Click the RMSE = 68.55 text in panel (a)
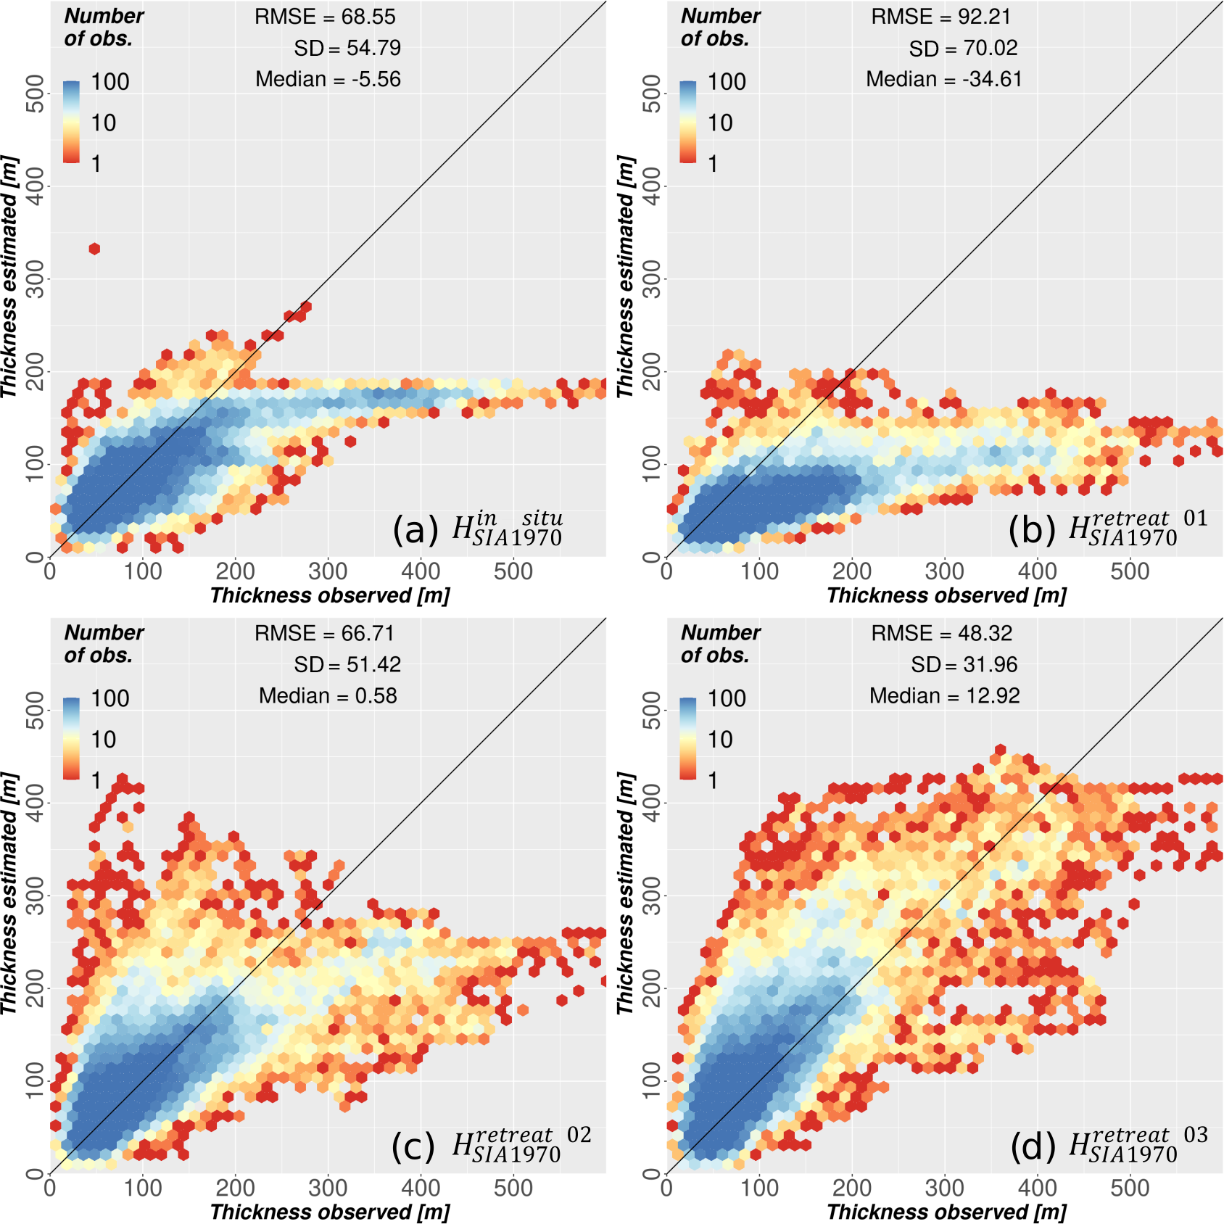(325, 17)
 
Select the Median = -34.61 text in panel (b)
(944, 79)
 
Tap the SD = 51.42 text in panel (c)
(347, 664)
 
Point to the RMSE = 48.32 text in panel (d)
(941, 633)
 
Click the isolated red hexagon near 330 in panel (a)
(94, 249)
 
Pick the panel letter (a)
(415, 530)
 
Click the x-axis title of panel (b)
(946, 595)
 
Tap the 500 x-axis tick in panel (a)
(513, 571)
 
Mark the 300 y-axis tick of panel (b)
(652, 278)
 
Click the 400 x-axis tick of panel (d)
(1037, 1188)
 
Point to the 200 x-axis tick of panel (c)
(235, 1188)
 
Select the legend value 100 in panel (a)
(110, 82)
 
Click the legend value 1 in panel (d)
(713, 780)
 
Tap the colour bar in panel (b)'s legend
(688, 121)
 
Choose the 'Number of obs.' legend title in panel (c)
(104, 643)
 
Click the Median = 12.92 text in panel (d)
(944, 695)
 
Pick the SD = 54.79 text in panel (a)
(347, 48)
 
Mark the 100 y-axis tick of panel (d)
(652, 1080)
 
